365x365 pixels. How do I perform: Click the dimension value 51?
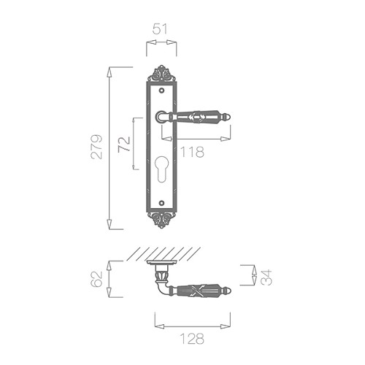[x=161, y=29]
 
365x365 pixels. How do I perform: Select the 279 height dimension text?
[x=96, y=147]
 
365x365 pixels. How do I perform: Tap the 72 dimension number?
[x=124, y=145]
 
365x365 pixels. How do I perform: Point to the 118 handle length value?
[x=192, y=152]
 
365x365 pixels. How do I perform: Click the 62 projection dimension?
[x=96, y=279]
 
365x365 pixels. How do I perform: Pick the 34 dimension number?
[x=266, y=277]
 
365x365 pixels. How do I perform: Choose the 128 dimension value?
[x=192, y=339]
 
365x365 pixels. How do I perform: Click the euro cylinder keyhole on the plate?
[x=161, y=169]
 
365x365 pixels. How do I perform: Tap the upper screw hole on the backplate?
[x=161, y=91]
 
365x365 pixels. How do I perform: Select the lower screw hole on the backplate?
[x=161, y=202]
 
